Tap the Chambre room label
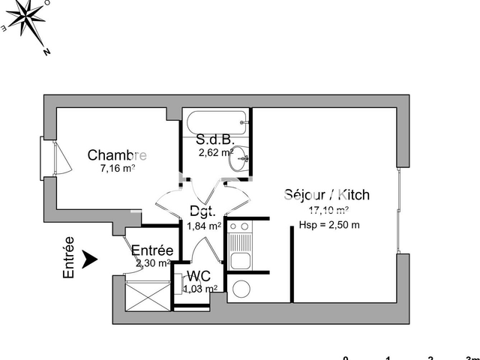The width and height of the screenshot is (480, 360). pyautogui.click(x=117, y=155)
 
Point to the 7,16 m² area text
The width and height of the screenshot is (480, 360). pyautogui.click(x=118, y=169)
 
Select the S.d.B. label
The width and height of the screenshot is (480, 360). pyautogui.click(x=216, y=139)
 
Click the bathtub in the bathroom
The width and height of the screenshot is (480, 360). pyautogui.click(x=216, y=120)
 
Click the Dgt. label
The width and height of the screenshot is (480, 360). pyautogui.click(x=203, y=211)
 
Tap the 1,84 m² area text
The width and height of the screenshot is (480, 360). pyautogui.click(x=203, y=226)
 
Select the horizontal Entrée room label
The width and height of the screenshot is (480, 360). pyautogui.click(x=153, y=250)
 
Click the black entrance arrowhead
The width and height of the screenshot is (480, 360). pyautogui.click(x=90, y=259)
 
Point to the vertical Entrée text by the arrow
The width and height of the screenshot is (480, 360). pyautogui.click(x=68, y=259)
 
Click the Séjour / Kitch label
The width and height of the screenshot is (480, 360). pyautogui.click(x=327, y=195)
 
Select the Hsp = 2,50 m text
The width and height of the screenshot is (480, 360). pyautogui.click(x=328, y=224)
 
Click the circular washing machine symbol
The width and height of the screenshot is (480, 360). pyautogui.click(x=243, y=289)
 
